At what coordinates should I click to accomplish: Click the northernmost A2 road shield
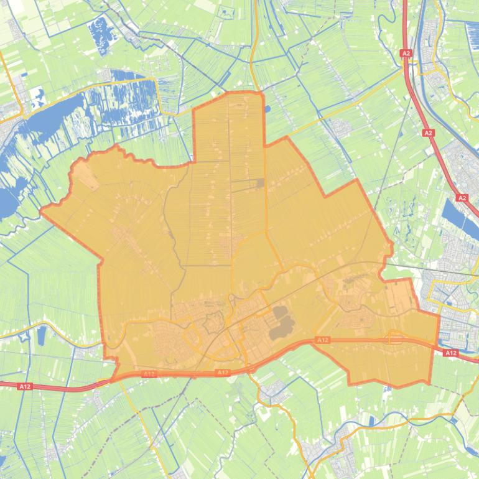pos(406,53)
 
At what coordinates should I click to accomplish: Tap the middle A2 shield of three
pos(428,133)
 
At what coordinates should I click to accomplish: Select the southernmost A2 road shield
pos(462,198)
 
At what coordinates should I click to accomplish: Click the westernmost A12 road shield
pos(24,386)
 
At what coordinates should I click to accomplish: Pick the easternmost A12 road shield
pos(451,353)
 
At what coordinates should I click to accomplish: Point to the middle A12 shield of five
pos(223,373)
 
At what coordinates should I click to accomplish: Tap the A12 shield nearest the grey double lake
pos(322,340)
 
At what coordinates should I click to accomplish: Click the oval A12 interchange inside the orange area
pos(394,338)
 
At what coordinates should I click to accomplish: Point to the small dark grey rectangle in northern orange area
pos(260,183)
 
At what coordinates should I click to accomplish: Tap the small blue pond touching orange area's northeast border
pos(267,109)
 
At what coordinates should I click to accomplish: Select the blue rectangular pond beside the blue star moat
pos(42,337)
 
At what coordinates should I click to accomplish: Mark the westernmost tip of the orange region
pos(41,212)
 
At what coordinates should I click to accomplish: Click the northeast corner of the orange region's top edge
pos(261,93)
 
